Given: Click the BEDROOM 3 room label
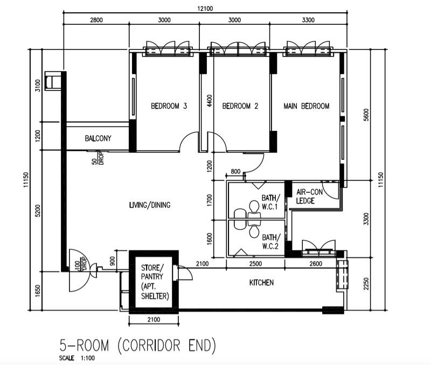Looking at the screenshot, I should click(169, 106).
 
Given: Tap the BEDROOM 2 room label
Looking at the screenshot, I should click(240, 106).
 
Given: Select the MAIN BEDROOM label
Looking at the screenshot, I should click(307, 106).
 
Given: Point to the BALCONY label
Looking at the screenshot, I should click(98, 138).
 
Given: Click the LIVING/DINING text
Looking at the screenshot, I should click(150, 205).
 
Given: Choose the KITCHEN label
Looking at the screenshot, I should click(261, 283).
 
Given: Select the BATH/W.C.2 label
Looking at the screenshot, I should click(270, 241).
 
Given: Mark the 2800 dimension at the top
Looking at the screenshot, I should click(96, 20).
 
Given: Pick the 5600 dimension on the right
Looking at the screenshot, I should click(366, 116).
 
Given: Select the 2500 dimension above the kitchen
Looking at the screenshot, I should click(255, 263).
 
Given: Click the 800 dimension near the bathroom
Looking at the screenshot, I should click(235, 172).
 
